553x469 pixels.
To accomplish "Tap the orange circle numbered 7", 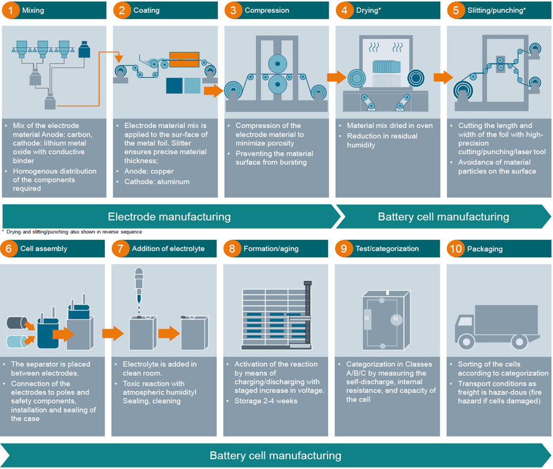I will tap(121, 248).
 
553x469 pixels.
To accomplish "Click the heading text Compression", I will tap(267, 10).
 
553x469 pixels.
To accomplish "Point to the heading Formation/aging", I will tap(271, 248).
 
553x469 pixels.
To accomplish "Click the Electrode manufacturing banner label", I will tap(169, 216).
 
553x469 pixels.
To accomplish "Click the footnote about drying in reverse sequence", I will tap(74, 232).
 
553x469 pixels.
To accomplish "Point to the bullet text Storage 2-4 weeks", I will tap(266, 400).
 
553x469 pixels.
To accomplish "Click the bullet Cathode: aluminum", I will tap(153, 181).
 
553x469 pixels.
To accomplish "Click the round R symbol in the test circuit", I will tap(395, 320).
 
